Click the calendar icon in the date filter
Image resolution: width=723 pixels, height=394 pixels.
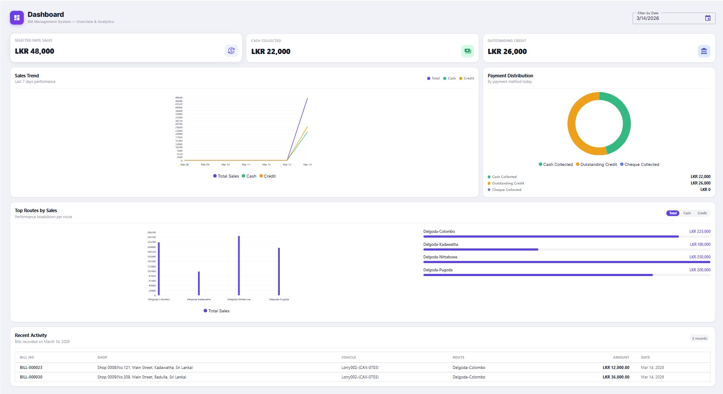click(708, 18)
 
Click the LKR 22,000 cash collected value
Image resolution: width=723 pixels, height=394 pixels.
click(271, 51)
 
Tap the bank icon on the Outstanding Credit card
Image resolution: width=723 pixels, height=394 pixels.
click(704, 51)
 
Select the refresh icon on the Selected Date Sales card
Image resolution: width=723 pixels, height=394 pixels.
click(231, 51)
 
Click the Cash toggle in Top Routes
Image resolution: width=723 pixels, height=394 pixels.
click(687, 213)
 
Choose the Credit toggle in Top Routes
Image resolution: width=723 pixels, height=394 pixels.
click(702, 213)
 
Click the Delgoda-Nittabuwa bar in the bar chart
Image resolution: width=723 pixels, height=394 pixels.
click(239, 266)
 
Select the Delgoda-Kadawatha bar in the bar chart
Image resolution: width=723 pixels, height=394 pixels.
click(199, 283)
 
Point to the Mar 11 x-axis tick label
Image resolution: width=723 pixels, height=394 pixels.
click(246, 165)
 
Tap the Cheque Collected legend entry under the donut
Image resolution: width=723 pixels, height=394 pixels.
click(640, 165)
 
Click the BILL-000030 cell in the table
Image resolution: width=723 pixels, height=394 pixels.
click(31, 377)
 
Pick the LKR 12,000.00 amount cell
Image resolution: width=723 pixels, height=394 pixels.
click(616, 368)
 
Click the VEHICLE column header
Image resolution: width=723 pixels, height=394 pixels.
click(349, 357)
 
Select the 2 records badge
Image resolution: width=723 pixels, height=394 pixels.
click(699, 338)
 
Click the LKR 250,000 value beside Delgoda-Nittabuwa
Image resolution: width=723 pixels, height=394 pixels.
click(700, 257)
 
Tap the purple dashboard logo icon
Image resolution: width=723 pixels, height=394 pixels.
click(17, 18)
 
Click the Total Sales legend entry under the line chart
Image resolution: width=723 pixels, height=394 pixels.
click(226, 176)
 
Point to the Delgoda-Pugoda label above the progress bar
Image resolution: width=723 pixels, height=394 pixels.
click(438, 270)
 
